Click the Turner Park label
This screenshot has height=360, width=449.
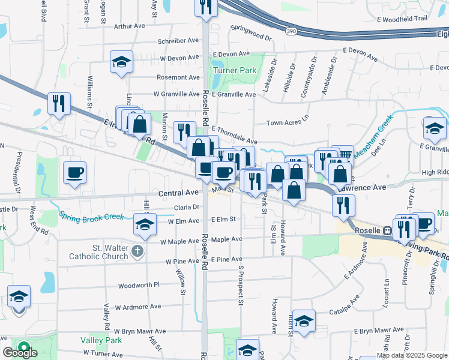tap(234, 70)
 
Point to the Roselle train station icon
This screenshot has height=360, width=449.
tap(388, 230)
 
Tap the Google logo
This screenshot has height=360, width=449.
tap(20, 353)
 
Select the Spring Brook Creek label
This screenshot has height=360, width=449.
tap(91, 217)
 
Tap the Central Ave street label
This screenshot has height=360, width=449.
tap(178, 193)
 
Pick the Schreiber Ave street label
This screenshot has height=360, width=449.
tap(178, 40)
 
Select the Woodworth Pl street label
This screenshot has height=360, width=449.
tap(139, 286)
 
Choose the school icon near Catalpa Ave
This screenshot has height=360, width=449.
tap(304, 320)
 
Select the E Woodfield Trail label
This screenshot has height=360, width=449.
tap(402, 19)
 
